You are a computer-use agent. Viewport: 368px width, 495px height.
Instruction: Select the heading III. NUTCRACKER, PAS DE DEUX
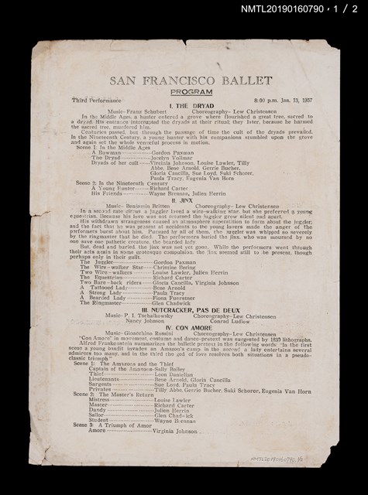[185, 309]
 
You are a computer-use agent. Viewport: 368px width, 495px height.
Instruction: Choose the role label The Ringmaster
[105, 304]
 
